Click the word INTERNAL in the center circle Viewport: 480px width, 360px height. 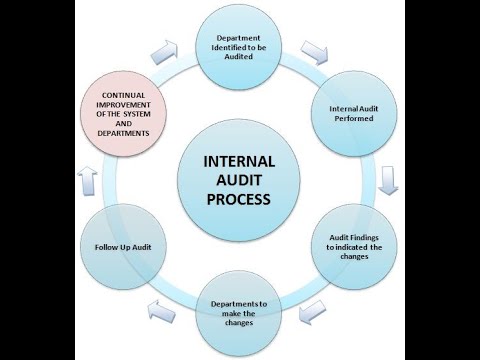click(x=240, y=160)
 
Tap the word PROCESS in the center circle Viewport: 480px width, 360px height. click(x=240, y=198)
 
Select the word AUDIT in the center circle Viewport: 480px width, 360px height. click(x=240, y=179)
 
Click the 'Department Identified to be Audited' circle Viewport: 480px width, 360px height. click(x=240, y=46)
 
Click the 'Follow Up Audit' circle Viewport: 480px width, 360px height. click(x=119, y=245)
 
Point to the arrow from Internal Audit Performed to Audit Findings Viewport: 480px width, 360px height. click(x=390, y=178)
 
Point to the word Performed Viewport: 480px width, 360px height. click(x=359, y=119)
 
